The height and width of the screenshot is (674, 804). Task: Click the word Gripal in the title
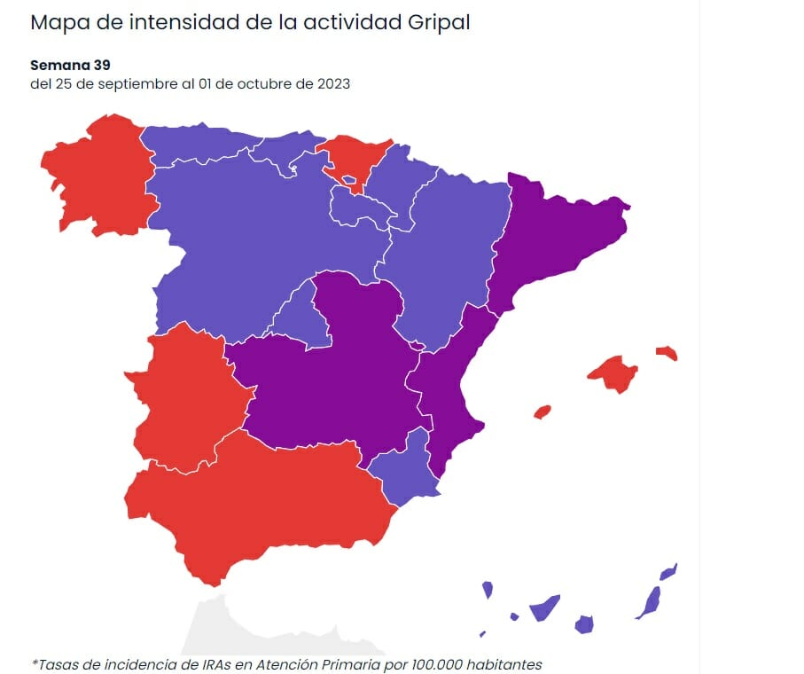[437, 22]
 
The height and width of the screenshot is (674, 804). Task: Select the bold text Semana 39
[70, 65]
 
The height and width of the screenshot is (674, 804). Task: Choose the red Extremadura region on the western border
[186, 399]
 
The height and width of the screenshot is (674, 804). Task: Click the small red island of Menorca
[667, 353]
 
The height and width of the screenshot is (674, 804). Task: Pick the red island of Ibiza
[543, 411]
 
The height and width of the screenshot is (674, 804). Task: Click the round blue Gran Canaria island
[583, 624]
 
